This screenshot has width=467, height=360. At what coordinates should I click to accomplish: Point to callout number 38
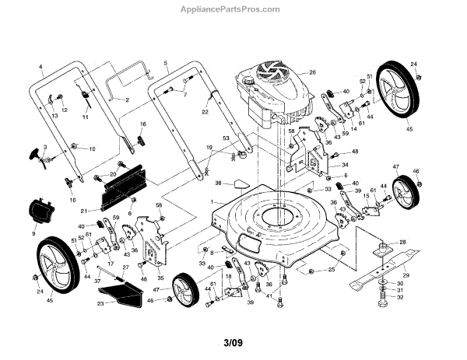(x=219, y=184)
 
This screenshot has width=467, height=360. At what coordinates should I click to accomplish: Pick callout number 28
(x=402, y=243)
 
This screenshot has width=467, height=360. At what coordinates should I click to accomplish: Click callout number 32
(x=400, y=297)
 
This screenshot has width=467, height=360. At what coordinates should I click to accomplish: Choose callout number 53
(x=226, y=138)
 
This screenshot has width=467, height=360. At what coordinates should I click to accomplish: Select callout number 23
(x=100, y=303)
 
